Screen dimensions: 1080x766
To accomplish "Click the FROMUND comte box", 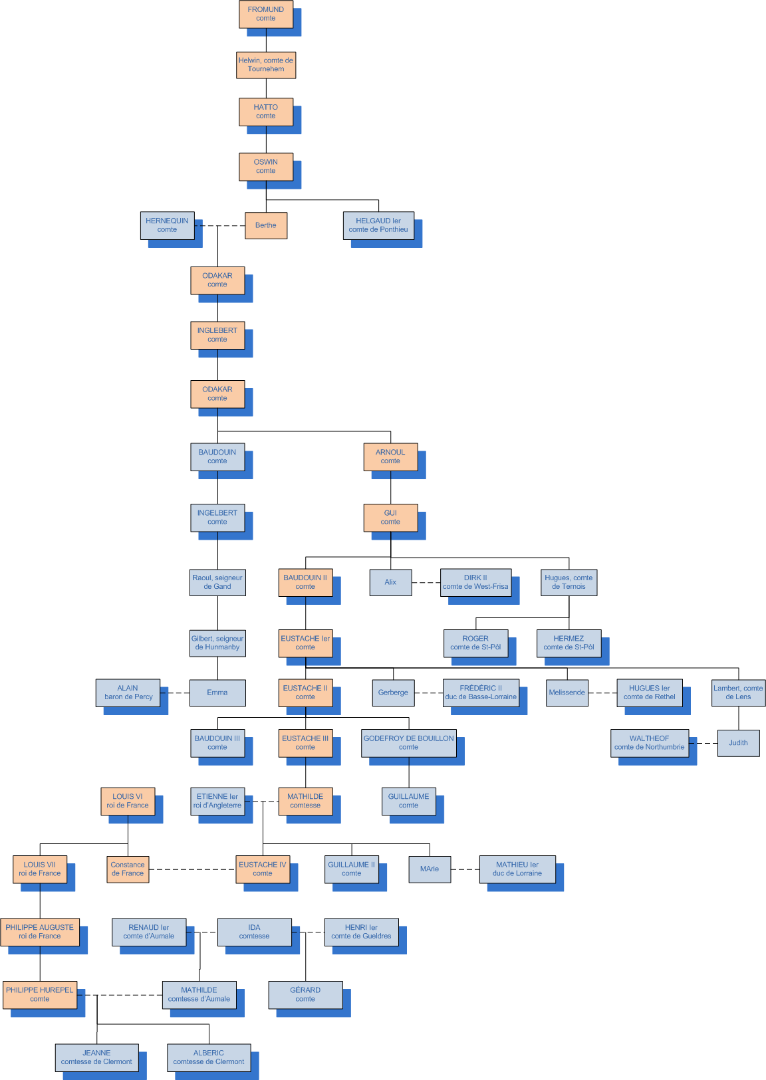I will pyautogui.click(x=265, y=14).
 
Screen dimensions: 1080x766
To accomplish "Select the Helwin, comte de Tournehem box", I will pyautogui.click(x=266, y=65).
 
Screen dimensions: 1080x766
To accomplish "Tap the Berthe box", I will pyautogui.click(x=266, y=225).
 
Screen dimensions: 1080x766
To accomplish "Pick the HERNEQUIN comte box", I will pyautogui.click(x=167, y=225).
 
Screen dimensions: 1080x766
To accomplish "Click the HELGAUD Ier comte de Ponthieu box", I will pyautogui.click(x=378, y=225).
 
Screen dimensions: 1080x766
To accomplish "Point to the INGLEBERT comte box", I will pyautogui.click(x=217, y=335).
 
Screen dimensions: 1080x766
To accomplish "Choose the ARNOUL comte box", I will pyautogui.click(x=390, y=457).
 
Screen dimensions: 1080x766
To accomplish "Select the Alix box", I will pyautogui.click(x=390, y=582).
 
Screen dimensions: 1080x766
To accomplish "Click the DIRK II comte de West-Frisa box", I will pyautogui.click(x=475, y=582).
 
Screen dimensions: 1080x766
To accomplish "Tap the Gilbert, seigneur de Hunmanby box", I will pyautogui.click(x=217, y=643).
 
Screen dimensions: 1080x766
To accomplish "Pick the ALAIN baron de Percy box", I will pyautogui.click(x=128, y=693).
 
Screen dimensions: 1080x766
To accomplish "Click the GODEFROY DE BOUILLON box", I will pyautogui.click(x=408, y=743).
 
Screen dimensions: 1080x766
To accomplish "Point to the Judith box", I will pyautogui.click(x=738, y=743).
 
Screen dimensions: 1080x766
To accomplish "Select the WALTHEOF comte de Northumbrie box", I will pyautogui.click(x=649, y=743).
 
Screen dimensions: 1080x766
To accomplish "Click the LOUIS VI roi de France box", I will pyautogui.click(x=128, y=801).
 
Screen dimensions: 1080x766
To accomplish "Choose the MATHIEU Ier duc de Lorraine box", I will pyautogui.click(x=517, y=869).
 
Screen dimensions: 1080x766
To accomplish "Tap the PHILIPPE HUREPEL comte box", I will pyautogui.click(x=40, y=994).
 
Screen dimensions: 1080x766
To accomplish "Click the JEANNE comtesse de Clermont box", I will pyautogui.click(x=96, y=1057).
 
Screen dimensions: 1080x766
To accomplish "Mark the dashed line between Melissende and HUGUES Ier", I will pyautogui.click(x=602, y=693).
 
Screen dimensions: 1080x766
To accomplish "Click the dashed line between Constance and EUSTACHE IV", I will pyautogui.click(x=192, y=869).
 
